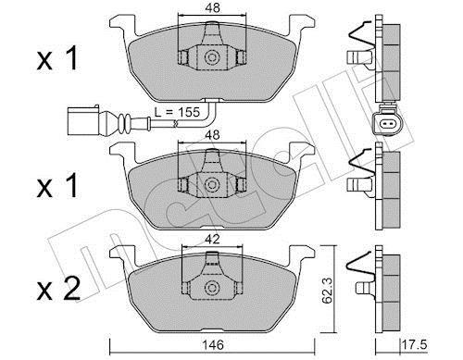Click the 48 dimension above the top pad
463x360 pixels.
tap(213, 7)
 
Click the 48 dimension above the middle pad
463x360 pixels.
tap(213, 135)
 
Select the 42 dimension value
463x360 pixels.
tap(213, 239)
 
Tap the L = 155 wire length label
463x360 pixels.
tap(177, 112)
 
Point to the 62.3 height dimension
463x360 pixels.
tap(327, 290)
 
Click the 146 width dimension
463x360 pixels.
tap(213, 344)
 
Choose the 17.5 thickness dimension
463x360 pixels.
tap(415, 344)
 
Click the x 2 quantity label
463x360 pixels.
tap(58, 289)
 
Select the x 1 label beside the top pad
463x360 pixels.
tap(57, 58)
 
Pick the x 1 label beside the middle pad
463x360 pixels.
tap(57, 185)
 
